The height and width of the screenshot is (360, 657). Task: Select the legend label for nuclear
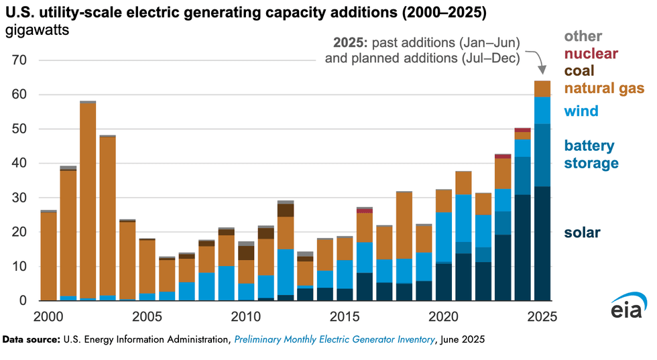pyautogui.click(x=591, y=53)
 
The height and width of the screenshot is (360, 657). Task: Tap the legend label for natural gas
pyautogui.click(x=603, y=88)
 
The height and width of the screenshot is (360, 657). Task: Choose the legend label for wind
pyautogui.click(x=581, y=111)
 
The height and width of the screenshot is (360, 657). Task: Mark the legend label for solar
pyautogui.click(x=582, y=233)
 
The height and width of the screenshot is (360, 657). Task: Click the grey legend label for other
pyautogui.click(x=583, y=36)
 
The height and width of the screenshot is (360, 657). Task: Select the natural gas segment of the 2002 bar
pyautogui.click(x=88, y=201)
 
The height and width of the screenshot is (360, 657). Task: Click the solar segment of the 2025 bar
pyautogui.click(x=542, y=244)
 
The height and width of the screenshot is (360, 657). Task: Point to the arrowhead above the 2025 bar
pyautogui.click(x=542, y=70)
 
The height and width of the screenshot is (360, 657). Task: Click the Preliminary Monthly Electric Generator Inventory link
pyautogui.click(x=335, y=341)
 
